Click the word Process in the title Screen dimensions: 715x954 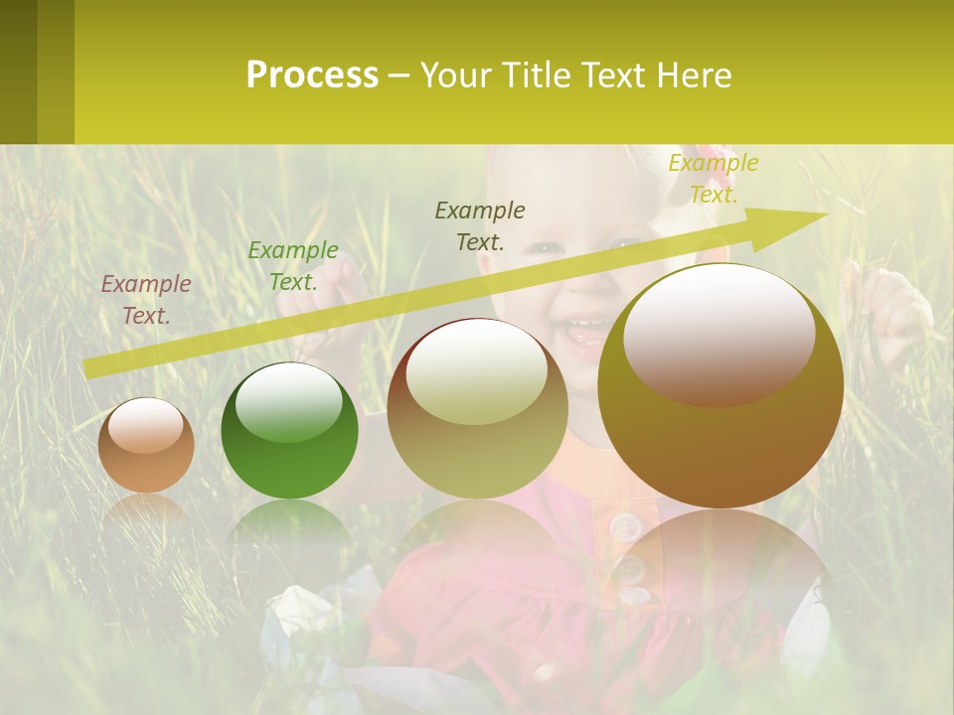[x=312, y=75]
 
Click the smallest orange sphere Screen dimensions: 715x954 [x=146, y=446]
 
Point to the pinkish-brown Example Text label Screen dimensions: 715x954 [x=146, y=299]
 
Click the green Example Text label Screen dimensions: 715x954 [x=293, y=265]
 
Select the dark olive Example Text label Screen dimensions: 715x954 [x=480, y=225]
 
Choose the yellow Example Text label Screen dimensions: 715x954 [x=714, y=178]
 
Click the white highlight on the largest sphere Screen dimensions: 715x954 [x=718, y=333]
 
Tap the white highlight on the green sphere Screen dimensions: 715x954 [x=289, y=402]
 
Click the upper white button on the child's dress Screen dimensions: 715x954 [x=625, y=525]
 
